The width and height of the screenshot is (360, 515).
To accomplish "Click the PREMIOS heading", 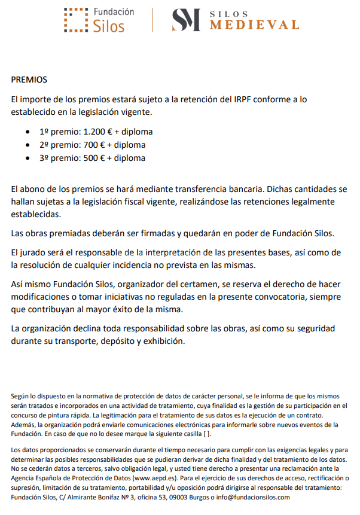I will pyautogui.click(x=29, y=80).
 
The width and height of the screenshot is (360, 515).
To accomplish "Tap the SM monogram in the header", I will pyautogui.click(x=186, y=20).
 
